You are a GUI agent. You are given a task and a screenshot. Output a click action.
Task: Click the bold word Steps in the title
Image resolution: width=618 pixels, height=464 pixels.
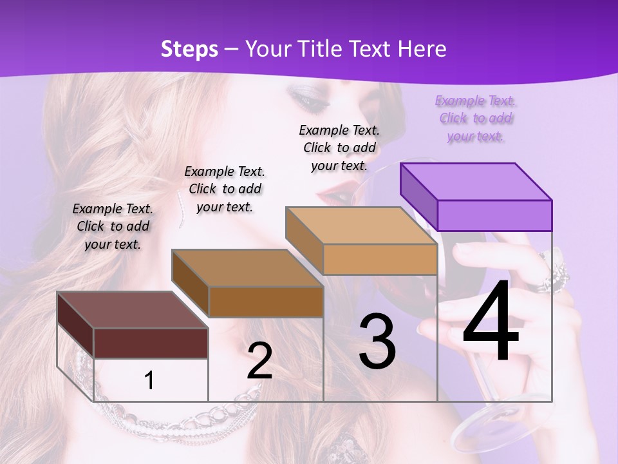point(189,49)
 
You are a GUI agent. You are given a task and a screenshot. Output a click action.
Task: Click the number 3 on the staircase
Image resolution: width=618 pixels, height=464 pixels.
point(377,342)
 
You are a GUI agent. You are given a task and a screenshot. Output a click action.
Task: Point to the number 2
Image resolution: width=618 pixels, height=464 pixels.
point(259,361)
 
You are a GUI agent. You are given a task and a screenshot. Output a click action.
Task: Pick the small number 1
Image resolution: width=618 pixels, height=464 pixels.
point(149,380)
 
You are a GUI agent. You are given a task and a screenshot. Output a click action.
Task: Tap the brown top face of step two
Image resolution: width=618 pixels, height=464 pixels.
point(247,267)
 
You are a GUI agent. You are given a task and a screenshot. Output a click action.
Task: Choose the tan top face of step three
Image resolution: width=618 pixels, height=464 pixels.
point(361,226)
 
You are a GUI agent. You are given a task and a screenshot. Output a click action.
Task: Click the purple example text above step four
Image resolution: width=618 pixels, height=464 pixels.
point(476,119)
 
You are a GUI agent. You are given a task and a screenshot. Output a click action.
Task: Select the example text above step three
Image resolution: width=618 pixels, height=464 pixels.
point(339,148)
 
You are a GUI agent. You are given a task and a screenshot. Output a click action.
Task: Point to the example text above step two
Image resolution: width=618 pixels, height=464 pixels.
point(225,189)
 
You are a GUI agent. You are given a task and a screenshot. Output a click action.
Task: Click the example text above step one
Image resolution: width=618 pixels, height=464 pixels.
point(113,226)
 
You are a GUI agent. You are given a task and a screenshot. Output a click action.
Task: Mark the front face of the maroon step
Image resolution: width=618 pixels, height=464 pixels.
point(151,343)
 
